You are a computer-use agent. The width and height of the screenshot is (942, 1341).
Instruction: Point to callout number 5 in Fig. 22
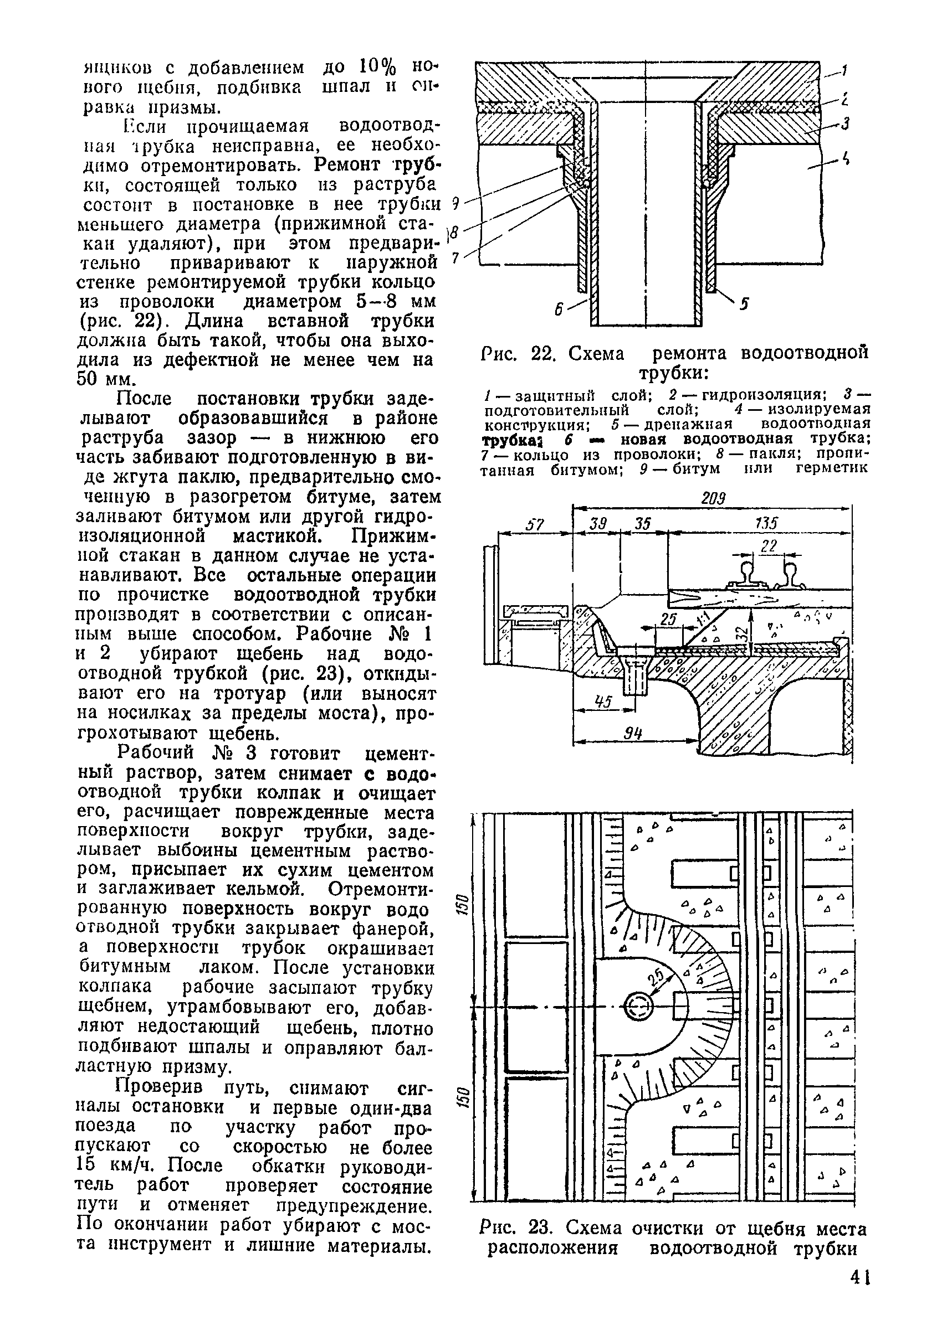[x=745, y=304]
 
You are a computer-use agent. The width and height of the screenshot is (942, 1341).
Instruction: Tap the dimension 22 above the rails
[x=770, y=546]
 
